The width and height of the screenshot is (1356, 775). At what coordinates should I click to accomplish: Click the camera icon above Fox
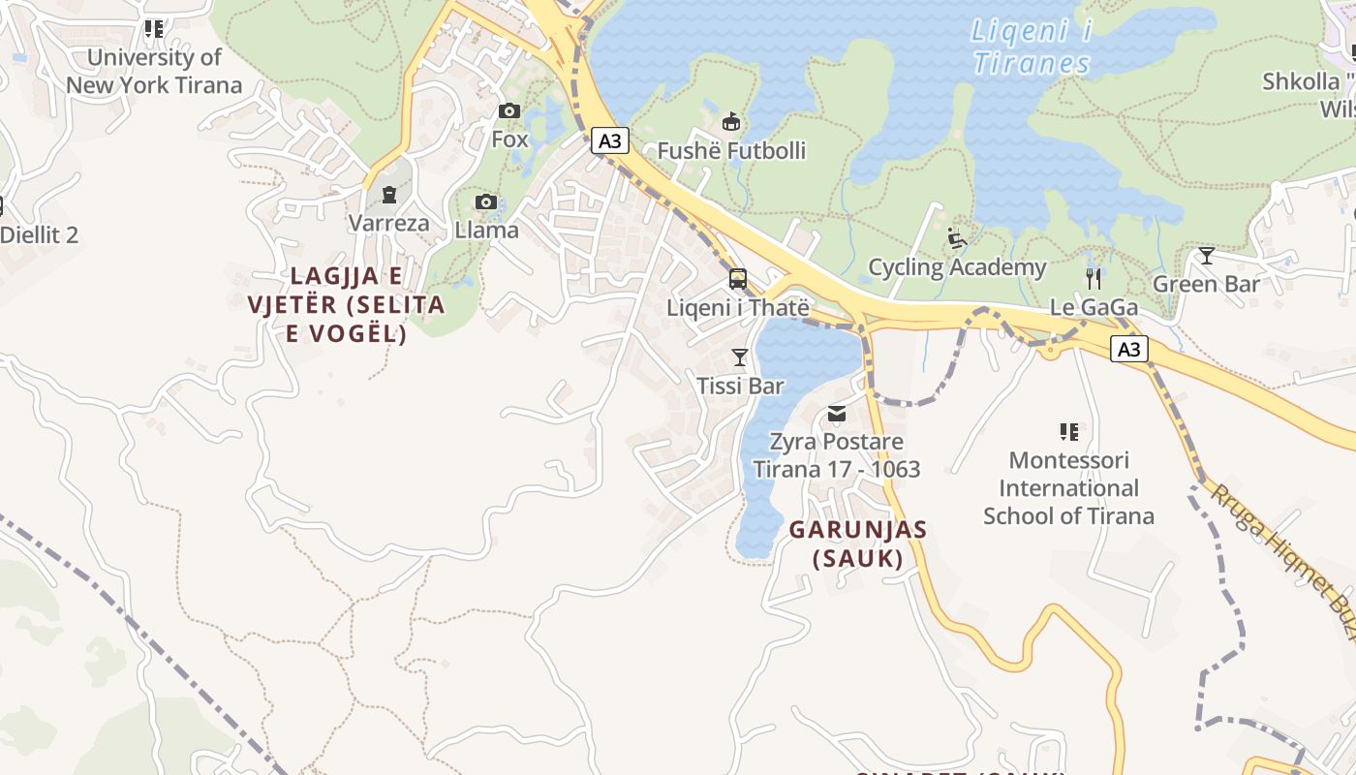coord(508,111)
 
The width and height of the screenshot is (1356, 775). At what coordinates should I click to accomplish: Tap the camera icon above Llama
coord(486,202)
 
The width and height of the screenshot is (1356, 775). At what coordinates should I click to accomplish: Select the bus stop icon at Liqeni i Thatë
coord(738,280)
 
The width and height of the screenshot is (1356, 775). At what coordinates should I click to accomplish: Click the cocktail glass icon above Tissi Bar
coord(740,357)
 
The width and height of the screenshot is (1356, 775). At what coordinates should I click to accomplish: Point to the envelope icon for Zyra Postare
coord(837,415)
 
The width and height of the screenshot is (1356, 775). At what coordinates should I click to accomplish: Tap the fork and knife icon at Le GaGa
coord(1094,280)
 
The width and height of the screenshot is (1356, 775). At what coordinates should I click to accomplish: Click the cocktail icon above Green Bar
coord(1206,256)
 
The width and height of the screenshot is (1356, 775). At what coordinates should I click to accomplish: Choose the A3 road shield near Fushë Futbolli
coord(610,141)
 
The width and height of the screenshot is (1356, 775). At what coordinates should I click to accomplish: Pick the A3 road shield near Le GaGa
coord(1129,349)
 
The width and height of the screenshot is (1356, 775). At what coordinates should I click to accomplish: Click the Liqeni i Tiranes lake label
coord(1032,47)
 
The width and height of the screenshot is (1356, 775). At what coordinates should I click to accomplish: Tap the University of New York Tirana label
coord(154,71)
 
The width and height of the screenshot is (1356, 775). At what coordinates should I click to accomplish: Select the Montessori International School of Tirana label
coord(1068,487)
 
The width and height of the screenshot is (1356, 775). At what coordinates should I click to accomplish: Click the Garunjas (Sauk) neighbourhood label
coord(858,543)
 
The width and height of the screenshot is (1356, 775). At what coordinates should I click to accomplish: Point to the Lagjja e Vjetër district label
coord(346,304)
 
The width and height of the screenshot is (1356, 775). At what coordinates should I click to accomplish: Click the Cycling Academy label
coord(957,267)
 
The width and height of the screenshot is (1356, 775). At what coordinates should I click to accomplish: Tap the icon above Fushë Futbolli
coord(731,122)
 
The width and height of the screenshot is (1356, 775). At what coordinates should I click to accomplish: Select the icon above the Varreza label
coord(388,196)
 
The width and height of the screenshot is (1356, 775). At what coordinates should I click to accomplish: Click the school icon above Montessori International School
coord(1068,431)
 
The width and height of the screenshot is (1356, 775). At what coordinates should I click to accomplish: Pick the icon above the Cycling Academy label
coord(957,238)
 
